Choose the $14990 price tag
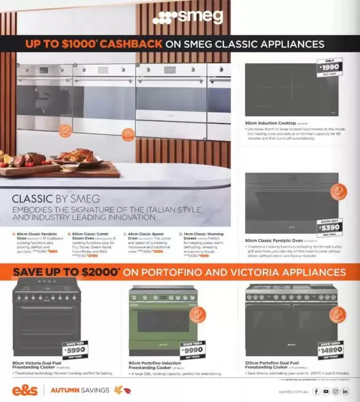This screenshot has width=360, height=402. [x=330, y=351]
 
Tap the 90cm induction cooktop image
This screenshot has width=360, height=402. [x=292, y=90]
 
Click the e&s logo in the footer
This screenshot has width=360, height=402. [x=24, y=390]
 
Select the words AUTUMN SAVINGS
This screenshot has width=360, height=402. [x=79, y=390]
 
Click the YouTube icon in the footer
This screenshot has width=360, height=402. [x=326, y=391]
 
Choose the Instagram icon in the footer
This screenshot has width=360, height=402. [x=335, y=391]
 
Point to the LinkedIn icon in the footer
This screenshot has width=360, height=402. [x=345, y=391]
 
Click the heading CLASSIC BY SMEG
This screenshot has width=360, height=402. [x=56, y=198]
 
